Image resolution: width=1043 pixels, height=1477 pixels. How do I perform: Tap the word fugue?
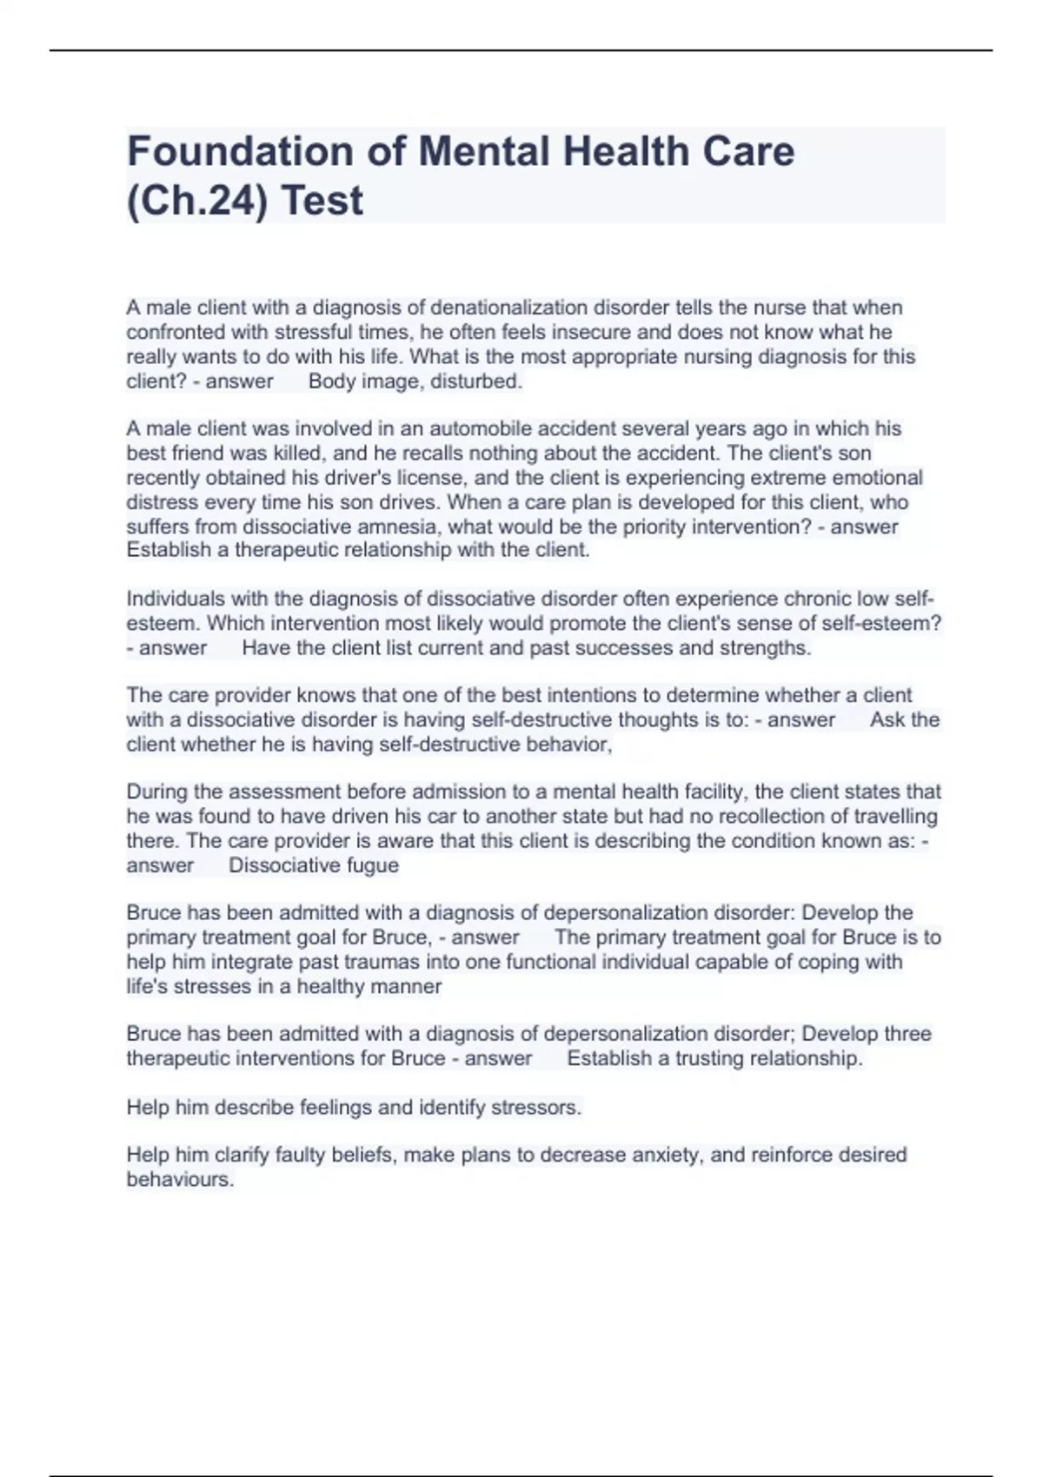pyautogui.click(x=372, y=865)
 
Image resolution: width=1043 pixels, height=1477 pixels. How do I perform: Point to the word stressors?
pyautogui.click(x=535, y=1108)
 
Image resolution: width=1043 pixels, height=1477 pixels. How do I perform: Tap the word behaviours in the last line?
pyautogui.click(x=180, y=1180)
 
